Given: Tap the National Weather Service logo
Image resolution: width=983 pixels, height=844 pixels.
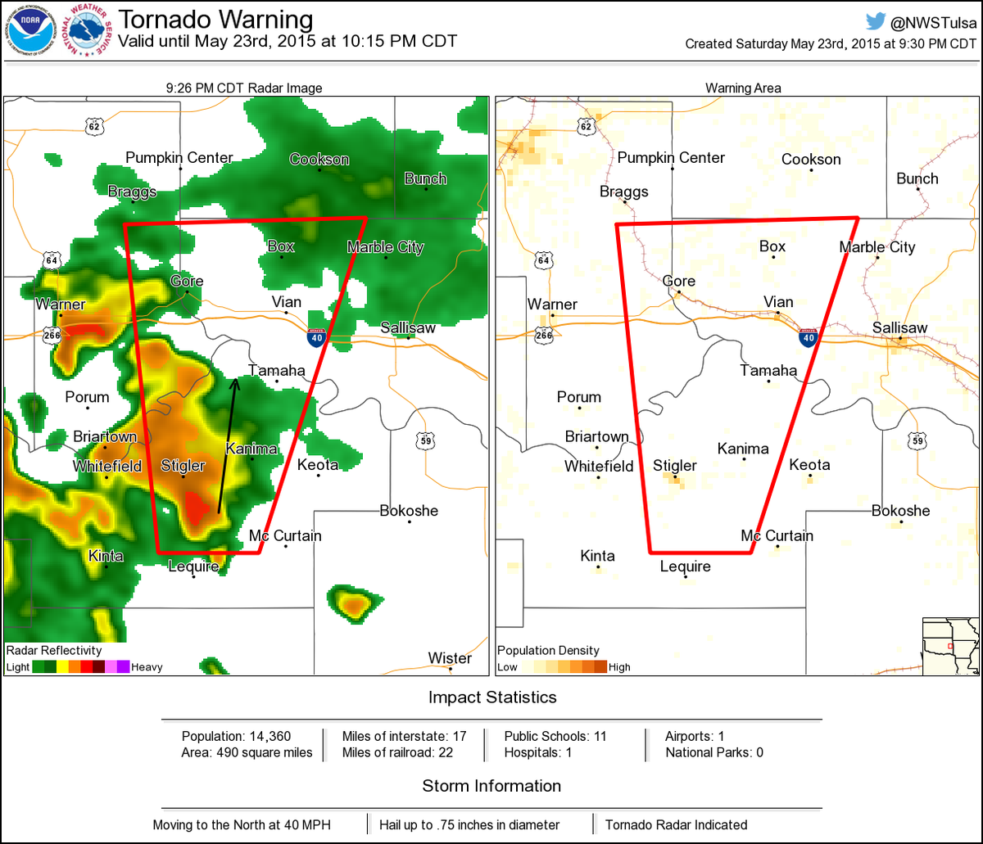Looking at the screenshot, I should pos(89,32).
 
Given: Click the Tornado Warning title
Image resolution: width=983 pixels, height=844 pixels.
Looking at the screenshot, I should pos(215,20).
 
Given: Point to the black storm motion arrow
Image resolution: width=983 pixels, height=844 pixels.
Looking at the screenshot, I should pos(227,446).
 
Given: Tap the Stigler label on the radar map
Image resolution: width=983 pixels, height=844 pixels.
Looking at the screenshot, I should pos(183,467).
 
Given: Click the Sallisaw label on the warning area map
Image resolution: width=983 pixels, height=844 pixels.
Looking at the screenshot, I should pos(899,327).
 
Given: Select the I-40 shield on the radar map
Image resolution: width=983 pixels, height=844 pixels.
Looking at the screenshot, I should pos(315,336).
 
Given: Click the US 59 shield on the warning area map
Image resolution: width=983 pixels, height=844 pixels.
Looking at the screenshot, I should pos(917,440).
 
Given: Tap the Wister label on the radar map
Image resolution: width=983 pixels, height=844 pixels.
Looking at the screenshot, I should pos(450,658).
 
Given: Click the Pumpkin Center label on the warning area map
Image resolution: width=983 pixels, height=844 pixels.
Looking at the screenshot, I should pos(671,157).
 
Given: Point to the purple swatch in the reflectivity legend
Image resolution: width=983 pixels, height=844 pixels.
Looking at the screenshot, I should pos(123,666).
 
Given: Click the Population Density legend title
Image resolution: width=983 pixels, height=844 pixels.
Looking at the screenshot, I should pos(548,651).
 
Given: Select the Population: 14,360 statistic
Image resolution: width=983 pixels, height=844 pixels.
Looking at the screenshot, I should pos(236,736).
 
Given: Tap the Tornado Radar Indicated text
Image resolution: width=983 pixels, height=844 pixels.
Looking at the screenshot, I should pos(676,824).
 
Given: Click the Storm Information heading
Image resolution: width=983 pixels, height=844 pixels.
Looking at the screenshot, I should pos(491,786).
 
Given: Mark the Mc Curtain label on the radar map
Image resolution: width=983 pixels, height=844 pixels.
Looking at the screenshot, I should pos(285,535).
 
